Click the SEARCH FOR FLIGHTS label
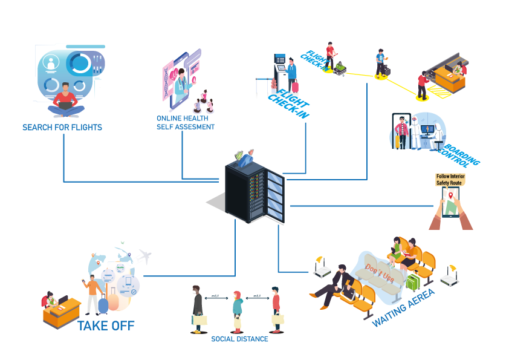point(62,128)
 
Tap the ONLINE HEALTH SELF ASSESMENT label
point(185,122)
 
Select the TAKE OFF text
point(106,327)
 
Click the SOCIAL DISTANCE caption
point(239,339)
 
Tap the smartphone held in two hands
point(451,203)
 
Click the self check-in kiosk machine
point(280,71)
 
